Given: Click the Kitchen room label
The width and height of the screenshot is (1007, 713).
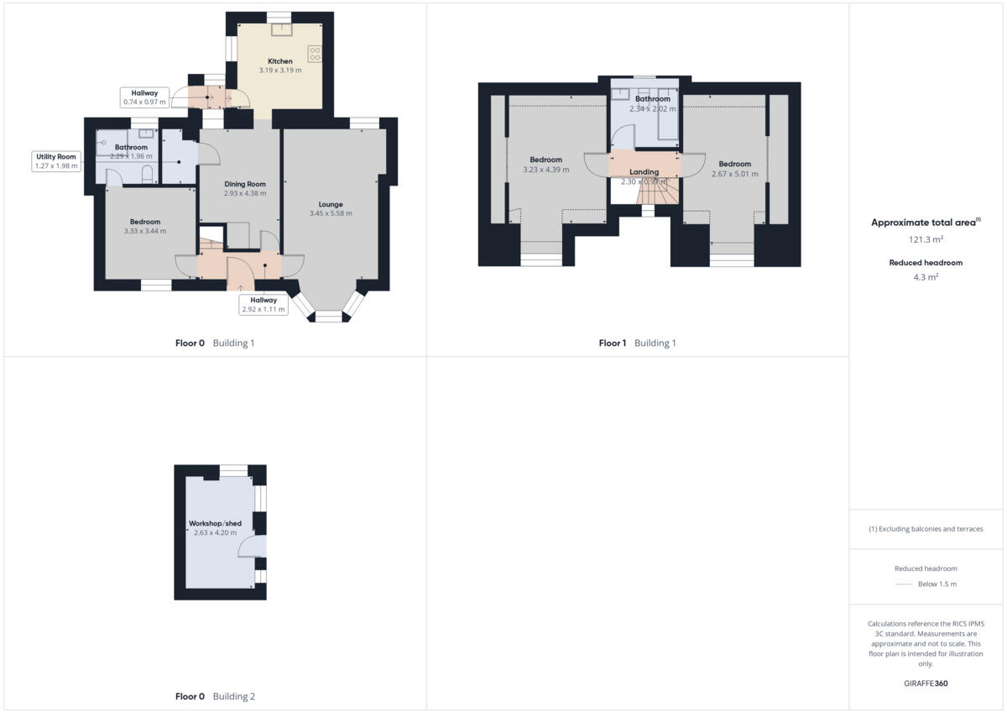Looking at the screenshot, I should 280,61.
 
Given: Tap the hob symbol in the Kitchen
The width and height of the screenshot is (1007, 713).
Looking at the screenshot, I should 316,54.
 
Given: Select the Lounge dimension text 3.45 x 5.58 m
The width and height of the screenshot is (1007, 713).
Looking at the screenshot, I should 331,213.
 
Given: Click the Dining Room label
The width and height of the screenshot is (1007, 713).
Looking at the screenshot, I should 245,184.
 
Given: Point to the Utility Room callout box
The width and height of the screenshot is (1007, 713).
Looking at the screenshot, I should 56,161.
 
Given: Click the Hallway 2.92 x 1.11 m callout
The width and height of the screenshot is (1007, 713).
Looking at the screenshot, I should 263,305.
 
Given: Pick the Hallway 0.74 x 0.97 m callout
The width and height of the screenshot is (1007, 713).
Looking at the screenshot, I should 145,97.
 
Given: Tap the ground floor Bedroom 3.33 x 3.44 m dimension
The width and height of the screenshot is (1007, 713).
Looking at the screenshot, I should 145,231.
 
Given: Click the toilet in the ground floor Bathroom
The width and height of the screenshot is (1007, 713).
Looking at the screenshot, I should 148,175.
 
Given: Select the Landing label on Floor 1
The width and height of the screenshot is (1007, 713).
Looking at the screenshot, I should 644,172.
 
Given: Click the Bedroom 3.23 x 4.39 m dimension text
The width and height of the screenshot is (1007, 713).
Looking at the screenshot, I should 545,170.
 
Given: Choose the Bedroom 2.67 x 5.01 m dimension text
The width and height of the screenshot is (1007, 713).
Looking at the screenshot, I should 734,175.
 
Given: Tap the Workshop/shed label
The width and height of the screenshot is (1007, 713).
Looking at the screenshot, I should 215,523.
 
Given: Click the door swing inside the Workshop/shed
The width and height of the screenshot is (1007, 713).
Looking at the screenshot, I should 252,548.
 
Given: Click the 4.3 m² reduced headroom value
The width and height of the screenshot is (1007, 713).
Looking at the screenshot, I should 926,276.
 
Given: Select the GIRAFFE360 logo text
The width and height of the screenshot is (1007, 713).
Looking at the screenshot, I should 926,684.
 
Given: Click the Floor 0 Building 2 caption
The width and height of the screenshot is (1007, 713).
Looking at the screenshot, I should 215,696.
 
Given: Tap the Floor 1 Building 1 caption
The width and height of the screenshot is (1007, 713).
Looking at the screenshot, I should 637,343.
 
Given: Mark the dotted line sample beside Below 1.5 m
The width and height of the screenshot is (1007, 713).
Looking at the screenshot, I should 904,585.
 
